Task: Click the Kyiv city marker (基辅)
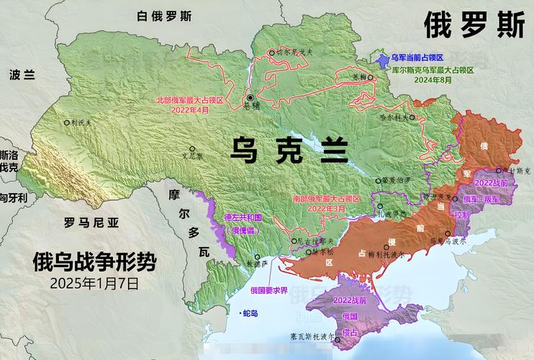tap(250, 97)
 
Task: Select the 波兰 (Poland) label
tap(22, 74)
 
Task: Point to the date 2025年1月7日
tap(94, 282)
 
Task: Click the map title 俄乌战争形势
tap(94, 261)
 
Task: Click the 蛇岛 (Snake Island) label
tap(250, 313)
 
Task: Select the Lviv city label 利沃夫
tap(81, 123)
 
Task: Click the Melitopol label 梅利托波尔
tap(389, 254)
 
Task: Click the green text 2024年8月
tap(432, 81)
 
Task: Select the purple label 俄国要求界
tap(269, 290)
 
